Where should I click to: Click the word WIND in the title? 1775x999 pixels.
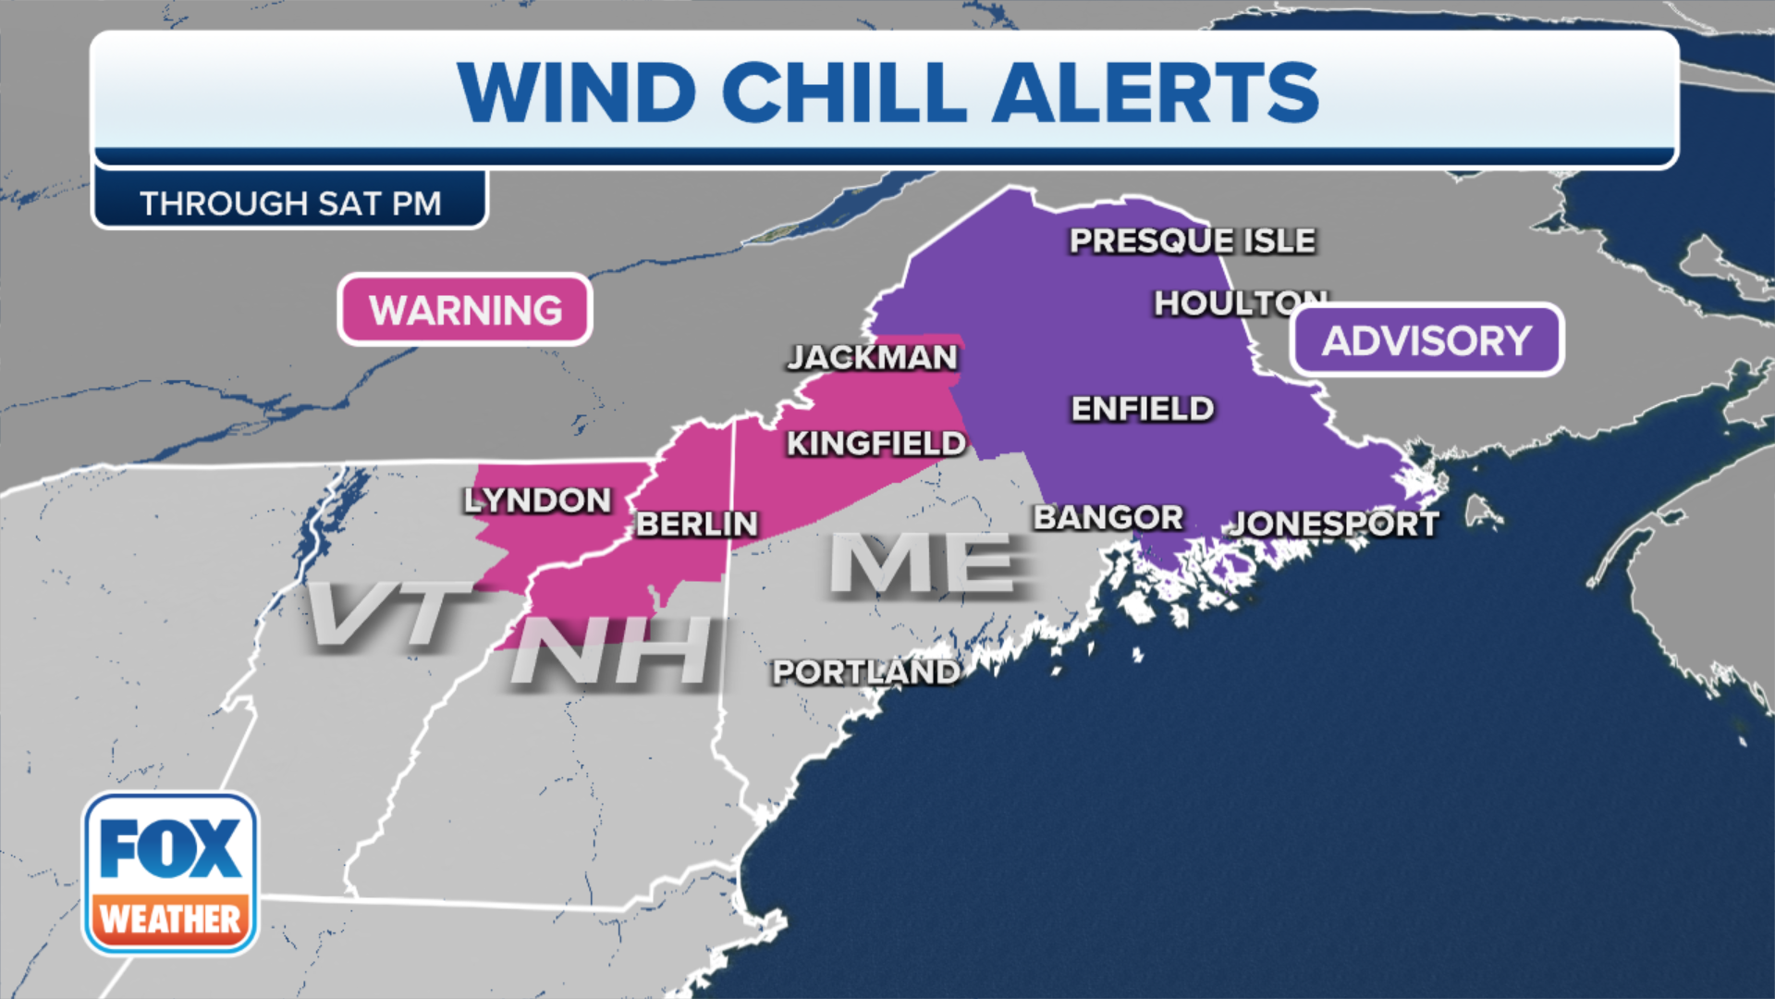click(576, 92)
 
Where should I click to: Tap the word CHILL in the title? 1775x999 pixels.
click(844, 92)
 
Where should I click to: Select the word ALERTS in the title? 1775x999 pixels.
click(1156, 92)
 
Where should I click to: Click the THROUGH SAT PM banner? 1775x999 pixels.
click(290, 203)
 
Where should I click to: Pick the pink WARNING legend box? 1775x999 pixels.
click(465, 310)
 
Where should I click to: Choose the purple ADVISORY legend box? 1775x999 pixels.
click(1426, 340)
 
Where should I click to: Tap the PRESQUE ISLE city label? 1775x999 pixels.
click(1192, 240)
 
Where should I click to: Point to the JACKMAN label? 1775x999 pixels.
click(872, 357)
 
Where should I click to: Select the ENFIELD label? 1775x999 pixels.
click(1142, 408)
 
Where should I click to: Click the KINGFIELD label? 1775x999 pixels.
click(875, 443)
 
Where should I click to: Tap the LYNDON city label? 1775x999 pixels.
click(537, 499)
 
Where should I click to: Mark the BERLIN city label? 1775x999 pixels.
click(696, 524)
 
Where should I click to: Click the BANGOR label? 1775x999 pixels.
click(1108, 517)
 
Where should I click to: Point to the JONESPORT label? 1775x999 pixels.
click(1334, 524)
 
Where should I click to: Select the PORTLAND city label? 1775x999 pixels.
click(865, 672)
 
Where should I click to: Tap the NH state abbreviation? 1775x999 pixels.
click(613, 651)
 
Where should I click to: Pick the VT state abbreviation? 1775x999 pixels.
click(388, 614)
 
